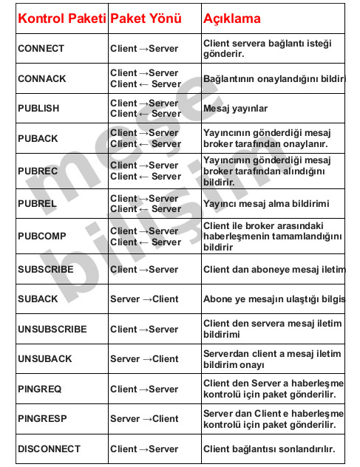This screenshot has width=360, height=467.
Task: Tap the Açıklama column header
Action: click(231, 18)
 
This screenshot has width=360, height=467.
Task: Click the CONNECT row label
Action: click(41, 49)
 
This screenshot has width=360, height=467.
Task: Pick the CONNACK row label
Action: click(41, 78)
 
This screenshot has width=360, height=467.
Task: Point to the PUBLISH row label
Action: click(38, 108)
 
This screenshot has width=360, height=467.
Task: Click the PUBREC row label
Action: click(37, 171)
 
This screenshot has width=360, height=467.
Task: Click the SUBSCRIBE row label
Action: click(46, 269)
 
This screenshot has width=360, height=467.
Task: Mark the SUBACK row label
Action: click(37, 299)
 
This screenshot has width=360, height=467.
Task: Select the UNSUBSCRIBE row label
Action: click(52, 329)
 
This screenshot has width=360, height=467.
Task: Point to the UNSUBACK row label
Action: click(44, 358)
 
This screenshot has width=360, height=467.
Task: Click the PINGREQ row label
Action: click(40, 389)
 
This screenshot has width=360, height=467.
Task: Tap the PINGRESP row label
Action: click(42, 418)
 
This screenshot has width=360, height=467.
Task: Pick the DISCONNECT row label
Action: click(49, 449)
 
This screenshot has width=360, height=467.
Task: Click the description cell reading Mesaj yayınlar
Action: click(235, 108)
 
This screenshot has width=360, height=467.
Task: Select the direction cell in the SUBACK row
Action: click(144, 299)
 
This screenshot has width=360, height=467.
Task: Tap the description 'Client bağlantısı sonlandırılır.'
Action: click(269, 449)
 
